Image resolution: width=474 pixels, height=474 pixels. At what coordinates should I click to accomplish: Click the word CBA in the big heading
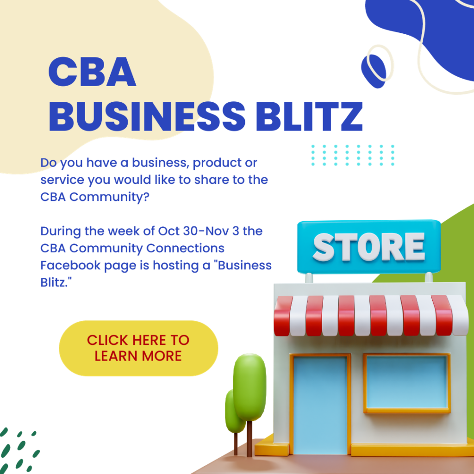pos(92,72)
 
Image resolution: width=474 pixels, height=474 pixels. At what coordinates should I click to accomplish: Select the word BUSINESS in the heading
pos(147,116)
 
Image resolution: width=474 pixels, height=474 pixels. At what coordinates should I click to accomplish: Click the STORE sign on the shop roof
pos(369,246)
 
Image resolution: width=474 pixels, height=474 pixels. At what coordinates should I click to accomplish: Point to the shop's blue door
pos(320,405)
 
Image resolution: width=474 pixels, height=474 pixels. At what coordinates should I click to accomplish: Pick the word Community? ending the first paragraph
pos(109,197)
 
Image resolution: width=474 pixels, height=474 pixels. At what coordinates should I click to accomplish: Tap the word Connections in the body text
pos(185,248)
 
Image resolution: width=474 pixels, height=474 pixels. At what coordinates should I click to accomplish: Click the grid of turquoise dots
pos(353,155)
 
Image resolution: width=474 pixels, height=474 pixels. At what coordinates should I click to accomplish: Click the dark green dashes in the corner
pos(19,450)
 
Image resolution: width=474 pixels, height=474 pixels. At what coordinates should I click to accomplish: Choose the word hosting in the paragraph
pos(174,266)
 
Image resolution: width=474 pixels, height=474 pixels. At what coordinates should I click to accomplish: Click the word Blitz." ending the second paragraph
pos(56,282)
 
